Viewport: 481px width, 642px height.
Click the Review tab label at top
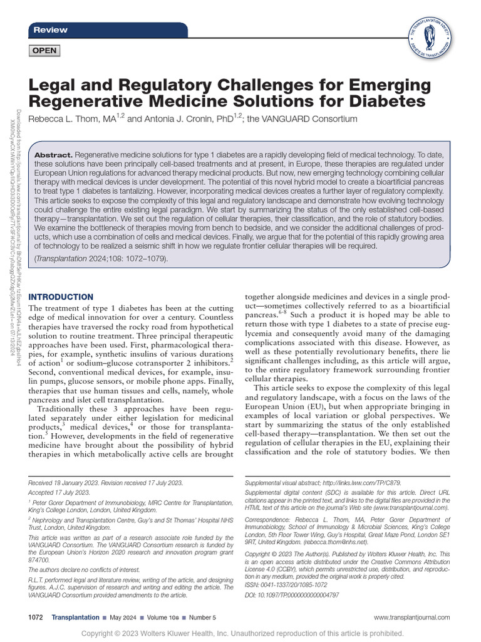click(x=50, y=30)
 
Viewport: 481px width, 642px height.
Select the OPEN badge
click(x=44, y=51)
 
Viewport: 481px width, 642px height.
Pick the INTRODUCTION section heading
click(x=61, y=297)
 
